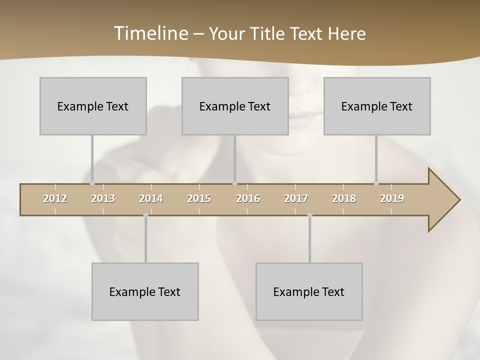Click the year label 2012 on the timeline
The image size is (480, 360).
pyautogui.click(x=55, y=198)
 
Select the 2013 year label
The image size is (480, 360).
pyautogui.click(x=103, y=198)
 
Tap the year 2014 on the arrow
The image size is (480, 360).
pyautogui.click(x=151, y=198)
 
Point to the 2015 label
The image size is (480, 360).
pyautogui.click(x=199, y=198)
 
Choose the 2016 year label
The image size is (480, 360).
pyautogui.click(x=248, y=198)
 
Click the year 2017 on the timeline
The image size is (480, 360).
pyautogui.click(x=296, y=198)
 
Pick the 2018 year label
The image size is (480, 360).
pyautogui.click(x=344, y=198)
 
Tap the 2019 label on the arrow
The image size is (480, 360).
pyautogui.click(x=392, y=198)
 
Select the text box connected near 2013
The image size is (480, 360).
pyautogui.click(x=93, y=106)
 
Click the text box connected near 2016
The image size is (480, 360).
pyautogui.click(x=235, y=106)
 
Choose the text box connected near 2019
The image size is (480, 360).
pyautogui.click(x=377, y=106)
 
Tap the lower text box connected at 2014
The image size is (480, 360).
pyautogui.click(x=145, y=291)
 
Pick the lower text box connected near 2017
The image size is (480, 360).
pyautogui.click(x=309, y=291)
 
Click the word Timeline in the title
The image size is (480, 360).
pyautogui.click(x=150, y=33)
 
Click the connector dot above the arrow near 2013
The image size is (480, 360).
pyautogui.click(x=92, y=183)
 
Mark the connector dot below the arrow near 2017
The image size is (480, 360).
pyautogui.click(x=309, y=215)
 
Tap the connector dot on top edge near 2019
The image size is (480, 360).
pyautogui.click(x=376, y=183)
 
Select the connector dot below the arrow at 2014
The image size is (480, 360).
pyautogui.click(x=145, y=215)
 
